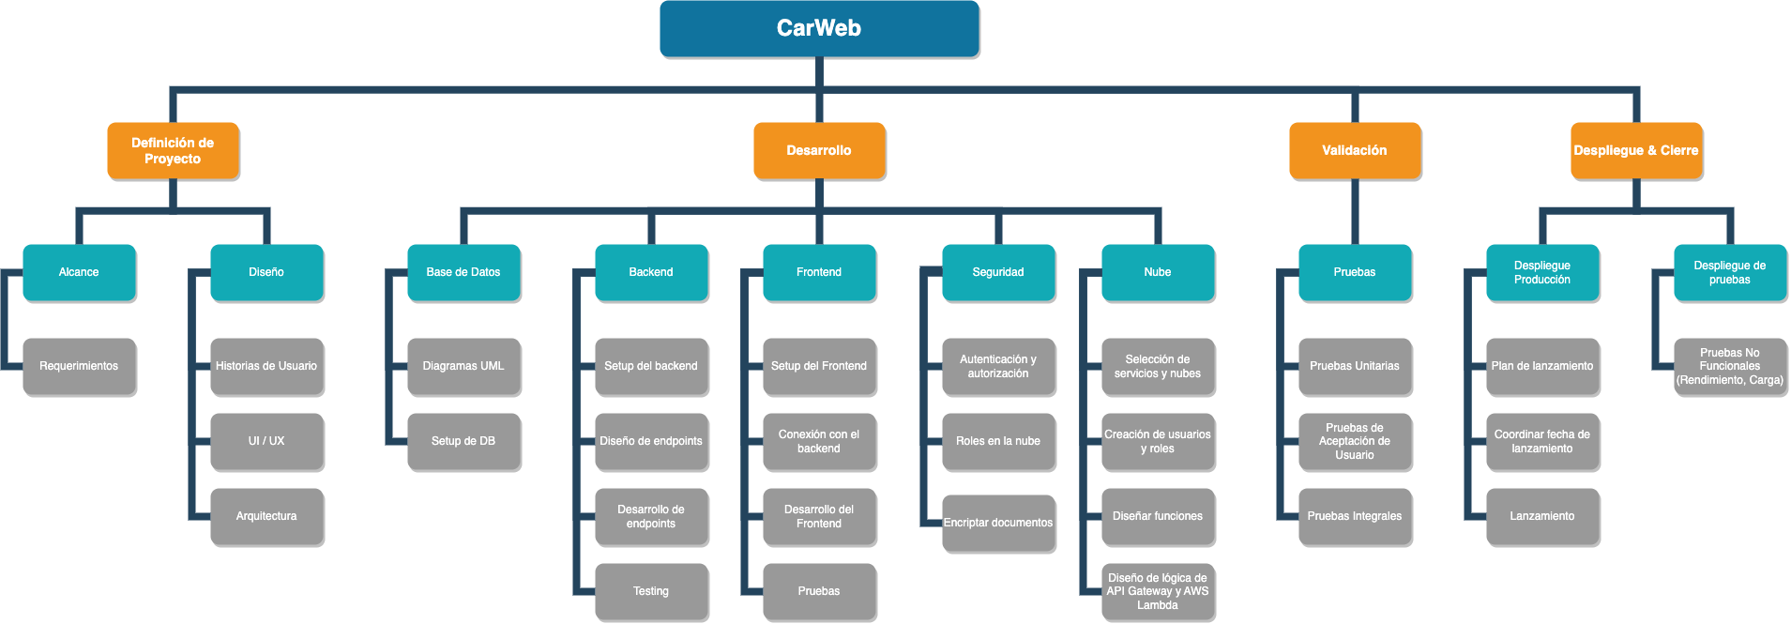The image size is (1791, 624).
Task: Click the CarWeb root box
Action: point(819,28)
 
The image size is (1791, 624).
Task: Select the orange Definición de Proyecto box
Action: point(173,150)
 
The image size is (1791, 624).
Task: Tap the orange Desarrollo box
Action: point(819,150)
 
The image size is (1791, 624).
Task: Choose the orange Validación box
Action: point(1354,150)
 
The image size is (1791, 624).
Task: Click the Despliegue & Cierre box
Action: point(1635,150)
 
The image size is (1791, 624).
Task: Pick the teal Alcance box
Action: point(79,272)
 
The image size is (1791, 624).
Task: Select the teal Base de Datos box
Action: point(463,272)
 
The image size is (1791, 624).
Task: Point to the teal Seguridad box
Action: point(998,272)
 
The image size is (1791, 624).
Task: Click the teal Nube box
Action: point(1158,272)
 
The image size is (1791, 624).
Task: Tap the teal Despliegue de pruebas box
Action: point(1729,272)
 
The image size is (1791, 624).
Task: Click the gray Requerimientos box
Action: point(79,366)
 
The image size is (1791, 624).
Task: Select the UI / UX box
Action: point(266,441)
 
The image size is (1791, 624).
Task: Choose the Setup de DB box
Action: point(463,441)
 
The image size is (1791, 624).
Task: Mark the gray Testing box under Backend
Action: point(651,591)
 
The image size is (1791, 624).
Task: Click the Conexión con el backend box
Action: point(819,441)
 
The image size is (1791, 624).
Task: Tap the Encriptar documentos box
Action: point(998,523)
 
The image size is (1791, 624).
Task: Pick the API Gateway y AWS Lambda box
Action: point(1158,591)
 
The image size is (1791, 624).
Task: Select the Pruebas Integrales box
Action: point(1354,516)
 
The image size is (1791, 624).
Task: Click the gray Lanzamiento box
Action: point(1541,516)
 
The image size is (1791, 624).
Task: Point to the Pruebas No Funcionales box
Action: point(1729,366)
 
